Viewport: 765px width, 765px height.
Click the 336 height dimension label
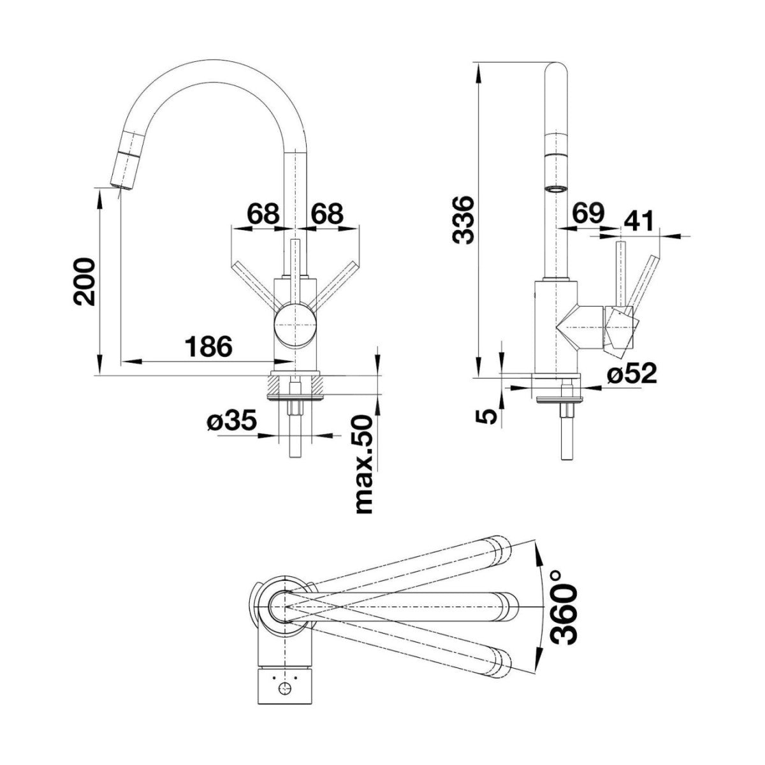[463, 219]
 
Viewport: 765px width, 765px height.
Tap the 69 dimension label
[588, 212]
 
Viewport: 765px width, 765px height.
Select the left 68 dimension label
[263, 214]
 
